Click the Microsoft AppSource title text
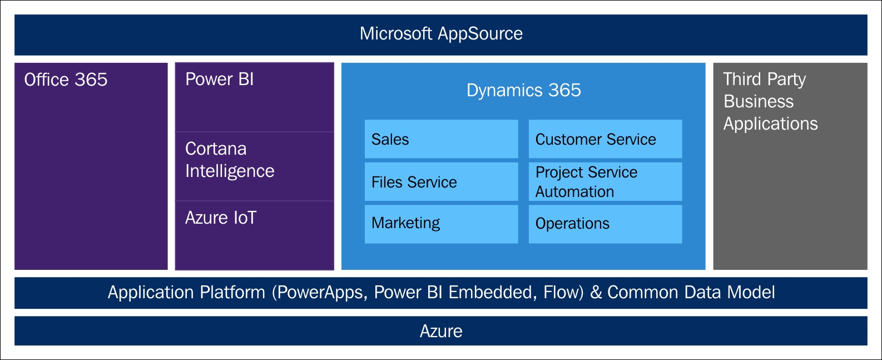(441, 34)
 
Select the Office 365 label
(66, 80)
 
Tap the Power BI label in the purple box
(219, 79)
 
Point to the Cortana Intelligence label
(230, 160)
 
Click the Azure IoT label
(220, 218)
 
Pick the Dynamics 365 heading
(523, 90)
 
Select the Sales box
(442, 139)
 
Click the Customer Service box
(605, 139)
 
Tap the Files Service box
(442, 181)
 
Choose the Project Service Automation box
(605, 181)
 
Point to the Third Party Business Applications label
(771, 101)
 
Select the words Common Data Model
(691, 292)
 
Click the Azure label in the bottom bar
(441, 331)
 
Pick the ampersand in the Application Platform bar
(596, 293)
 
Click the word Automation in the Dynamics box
(574, 192)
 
